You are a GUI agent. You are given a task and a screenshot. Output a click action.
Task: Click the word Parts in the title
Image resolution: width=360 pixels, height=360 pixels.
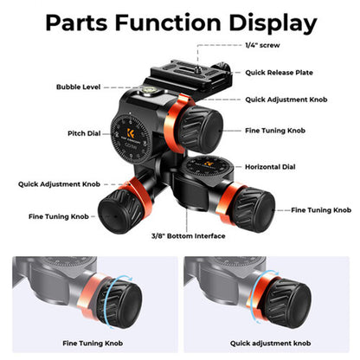[77, 22]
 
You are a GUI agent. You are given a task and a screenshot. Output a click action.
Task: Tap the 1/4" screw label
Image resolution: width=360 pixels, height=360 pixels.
[262, 45]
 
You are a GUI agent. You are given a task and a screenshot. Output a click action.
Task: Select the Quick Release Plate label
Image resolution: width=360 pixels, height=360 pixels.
[279, 73]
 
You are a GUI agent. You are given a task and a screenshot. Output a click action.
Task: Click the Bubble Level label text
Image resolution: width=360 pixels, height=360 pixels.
[79, 87]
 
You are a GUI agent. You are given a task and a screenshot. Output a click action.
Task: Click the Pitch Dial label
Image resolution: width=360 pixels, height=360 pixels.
[84, 133]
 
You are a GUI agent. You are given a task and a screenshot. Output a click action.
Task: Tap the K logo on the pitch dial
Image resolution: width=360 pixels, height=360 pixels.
[131, 133]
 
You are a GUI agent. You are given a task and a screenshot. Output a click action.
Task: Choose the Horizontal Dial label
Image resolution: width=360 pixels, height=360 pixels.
[270, 167]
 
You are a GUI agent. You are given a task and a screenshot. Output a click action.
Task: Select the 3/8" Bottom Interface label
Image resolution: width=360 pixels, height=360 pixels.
[189, 236]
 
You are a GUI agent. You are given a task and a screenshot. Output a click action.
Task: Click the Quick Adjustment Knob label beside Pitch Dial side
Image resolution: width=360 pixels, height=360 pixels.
[59, 184]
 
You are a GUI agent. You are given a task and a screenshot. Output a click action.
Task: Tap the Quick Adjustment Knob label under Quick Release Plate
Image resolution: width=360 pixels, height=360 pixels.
[286, 100]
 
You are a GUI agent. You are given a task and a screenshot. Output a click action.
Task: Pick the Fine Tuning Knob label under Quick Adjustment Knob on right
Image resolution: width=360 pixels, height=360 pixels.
[275, 131]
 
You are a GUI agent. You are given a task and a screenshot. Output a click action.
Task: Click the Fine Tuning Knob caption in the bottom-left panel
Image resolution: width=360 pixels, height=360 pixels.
[93, 344]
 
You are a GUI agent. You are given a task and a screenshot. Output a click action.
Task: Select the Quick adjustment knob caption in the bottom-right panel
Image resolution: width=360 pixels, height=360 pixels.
[270, 344]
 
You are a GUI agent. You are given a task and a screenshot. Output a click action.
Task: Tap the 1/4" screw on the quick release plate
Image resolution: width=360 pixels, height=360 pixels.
[198, 68]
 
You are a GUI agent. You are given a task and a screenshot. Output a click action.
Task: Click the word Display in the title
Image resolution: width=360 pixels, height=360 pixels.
[273, 22]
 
